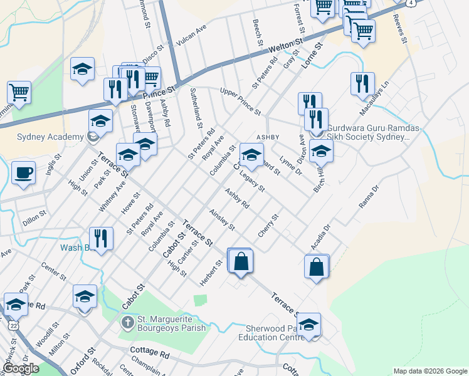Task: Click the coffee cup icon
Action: (23, 172)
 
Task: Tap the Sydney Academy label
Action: (41, 137)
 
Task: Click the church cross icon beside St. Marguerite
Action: (127, 323)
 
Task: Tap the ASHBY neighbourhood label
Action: (268, 137)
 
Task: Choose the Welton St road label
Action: (285, 46)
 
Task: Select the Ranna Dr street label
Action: (369, 197)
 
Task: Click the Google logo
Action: (20, 368)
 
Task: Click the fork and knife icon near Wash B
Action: (101, 239)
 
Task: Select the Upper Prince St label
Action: (240, 101)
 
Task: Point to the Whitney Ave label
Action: (112, 195)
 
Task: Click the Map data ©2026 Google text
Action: (429, 371)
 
